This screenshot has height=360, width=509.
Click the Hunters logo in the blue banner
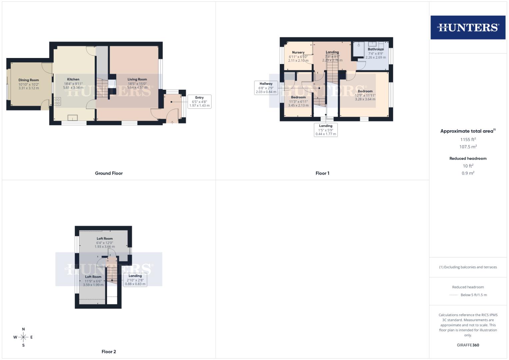coord(468,27)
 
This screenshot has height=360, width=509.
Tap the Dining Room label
coord(29,80)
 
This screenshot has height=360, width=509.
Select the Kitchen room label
coord(73,79)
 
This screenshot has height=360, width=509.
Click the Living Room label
coord(137,79)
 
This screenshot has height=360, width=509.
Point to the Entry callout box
coord(199,101)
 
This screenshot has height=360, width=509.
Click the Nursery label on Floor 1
coord(298,52)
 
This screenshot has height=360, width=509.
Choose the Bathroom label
coord(376,49)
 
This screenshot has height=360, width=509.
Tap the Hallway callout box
coord(266,88)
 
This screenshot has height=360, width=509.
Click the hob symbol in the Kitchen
coord(57,101)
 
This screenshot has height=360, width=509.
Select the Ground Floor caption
coord(109,173)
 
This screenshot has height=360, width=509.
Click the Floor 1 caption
coord(322,173)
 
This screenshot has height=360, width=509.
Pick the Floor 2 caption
coord(109,352)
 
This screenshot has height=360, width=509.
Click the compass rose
coord(23,337)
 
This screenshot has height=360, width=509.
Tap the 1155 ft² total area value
coord(468,140)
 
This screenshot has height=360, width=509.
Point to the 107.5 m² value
coord(468,147)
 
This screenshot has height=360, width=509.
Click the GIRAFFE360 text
coord(468,345)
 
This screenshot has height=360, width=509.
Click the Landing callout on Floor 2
coord(135,280)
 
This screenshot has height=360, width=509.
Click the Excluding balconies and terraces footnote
coord(468,267)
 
